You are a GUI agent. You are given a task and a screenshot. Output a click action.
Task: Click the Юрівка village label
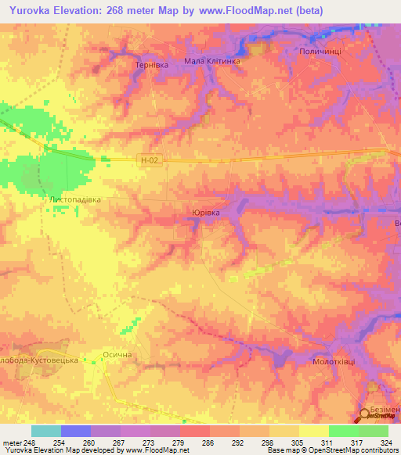point(206,212)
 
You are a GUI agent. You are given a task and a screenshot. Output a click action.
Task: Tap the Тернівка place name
point(152,66)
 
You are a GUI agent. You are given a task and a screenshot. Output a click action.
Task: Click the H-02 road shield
point(150,160)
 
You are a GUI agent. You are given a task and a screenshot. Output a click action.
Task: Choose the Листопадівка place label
point(75,199)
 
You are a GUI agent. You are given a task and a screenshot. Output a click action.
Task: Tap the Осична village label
point(120,355)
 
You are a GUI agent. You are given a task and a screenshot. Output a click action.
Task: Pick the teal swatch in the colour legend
point(45,431)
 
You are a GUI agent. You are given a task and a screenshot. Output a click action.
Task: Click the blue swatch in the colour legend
point(76,431)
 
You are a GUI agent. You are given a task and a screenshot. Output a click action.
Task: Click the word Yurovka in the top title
point(35,11)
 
